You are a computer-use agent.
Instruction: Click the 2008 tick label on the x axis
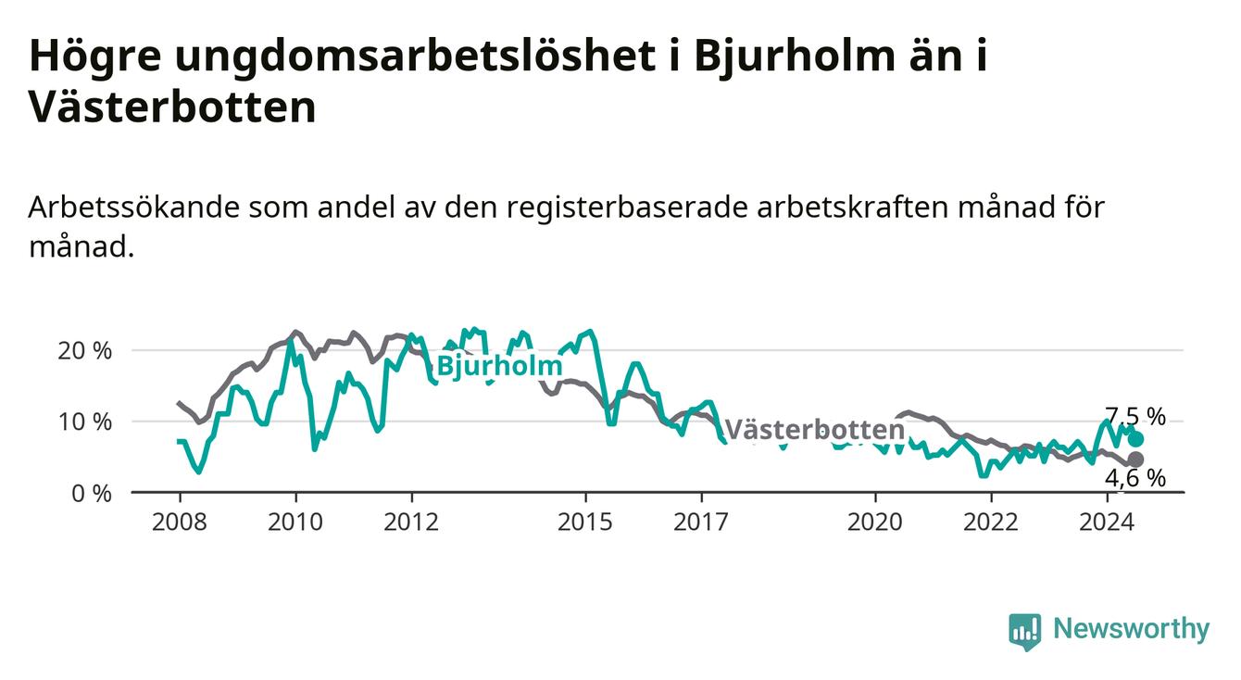pyautogui.click(x=179, y=523)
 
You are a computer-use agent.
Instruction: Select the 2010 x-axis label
pyautogui.click(x=295, y=523)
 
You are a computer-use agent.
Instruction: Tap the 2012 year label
pyautogui.click(x=411, y=523)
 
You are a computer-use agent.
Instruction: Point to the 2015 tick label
pyautogui.click(x=585, y=523)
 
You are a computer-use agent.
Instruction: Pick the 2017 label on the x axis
pyautogui.click(x=701, y=523)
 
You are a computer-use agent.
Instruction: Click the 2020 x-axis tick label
pyautogui.click(x=875, y=523)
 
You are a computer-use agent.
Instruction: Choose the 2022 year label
pyautogui.click(x=991, y=523)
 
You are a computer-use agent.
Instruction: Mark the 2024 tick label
pyautogui.click(x=1107, y=523)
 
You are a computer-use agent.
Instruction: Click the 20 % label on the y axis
pyautogui.click(x=85, y=351)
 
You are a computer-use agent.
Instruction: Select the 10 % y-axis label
pyautogui.click(x=85, y=422)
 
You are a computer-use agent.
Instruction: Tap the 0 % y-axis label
pyautogui.click(x=92, y=494)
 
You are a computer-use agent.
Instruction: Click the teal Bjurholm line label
pyautogui.click(x=500, y=366)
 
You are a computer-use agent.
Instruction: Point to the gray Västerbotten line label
pyautogui.click(x=815, y=430)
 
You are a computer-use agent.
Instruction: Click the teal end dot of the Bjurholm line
pyautogui.click(x=1135, y=439)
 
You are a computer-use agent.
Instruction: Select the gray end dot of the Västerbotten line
pyautogui.click(x=1135, y=460)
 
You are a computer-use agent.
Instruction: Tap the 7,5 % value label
pyautogui.click(x=1135, y=416)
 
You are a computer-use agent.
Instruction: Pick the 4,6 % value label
pyautogui.click(x=1135, y=478)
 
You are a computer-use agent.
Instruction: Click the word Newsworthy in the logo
pyautogui.click(x=1132, y=629)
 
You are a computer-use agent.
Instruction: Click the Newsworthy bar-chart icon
pyautogui.click(x=1025, y=632)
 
